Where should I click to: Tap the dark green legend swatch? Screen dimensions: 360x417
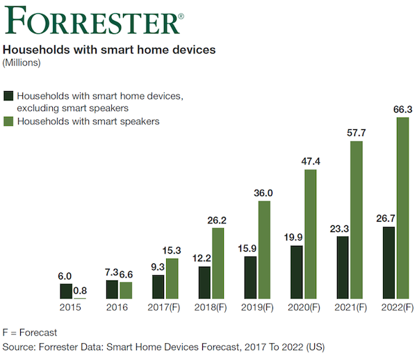coord(9,96)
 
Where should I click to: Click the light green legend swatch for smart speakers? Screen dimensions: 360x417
coord(9,122)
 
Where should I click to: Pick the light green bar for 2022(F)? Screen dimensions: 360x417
coord(402,208)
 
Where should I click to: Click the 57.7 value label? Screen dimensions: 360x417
coord(356,133)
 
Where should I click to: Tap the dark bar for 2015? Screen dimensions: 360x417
coord(65,291)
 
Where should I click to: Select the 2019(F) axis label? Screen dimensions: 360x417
coord(257,307)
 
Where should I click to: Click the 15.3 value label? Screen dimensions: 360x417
coord(172,250)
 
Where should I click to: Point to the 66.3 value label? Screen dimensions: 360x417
coord(402,109)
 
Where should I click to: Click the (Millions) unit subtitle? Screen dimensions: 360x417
coord(22,63)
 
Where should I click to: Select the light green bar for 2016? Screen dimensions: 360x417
coord(126,290)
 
